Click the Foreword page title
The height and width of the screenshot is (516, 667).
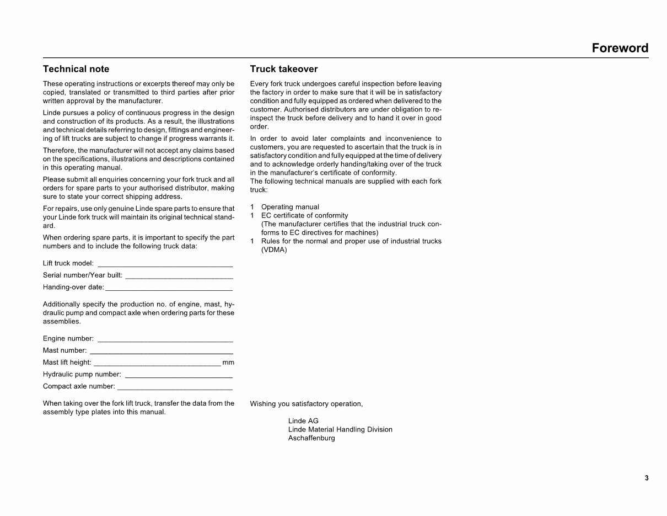click(620, 48)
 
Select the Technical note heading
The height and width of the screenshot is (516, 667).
click(76, 69)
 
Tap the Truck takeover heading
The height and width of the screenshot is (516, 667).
click(283, 69)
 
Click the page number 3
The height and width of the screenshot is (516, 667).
click(647, 478)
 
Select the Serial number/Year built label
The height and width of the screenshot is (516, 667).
click(83, 275)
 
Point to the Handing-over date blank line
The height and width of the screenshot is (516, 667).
click(169, 289)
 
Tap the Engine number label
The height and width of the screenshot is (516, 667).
click(68, 338)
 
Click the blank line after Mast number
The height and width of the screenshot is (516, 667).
click(161, 352)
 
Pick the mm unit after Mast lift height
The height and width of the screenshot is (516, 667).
click(228, 363)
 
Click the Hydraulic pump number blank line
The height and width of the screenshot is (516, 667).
click(179, 376)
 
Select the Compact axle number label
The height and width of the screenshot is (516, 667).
click(79, 386)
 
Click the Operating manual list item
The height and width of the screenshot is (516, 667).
click(290, 207)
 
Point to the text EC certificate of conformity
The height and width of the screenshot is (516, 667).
click(304, 215)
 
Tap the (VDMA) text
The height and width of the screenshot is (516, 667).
click(274, 250)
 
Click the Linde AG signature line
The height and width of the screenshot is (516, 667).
click(303, 421)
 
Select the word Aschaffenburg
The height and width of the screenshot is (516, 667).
click(311, 438)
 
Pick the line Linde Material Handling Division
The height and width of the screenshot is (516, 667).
click(340, 429)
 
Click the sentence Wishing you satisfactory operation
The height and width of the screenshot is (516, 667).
click(306, 404)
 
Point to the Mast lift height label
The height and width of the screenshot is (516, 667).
click(67, 363)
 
